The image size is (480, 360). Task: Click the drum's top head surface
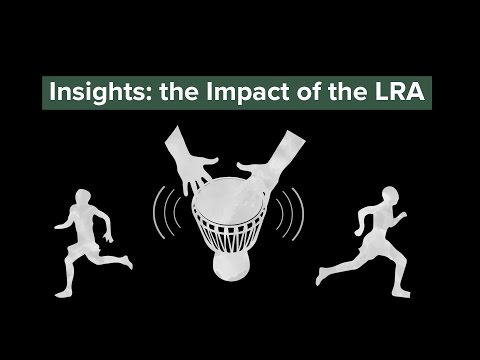(x=236, y=190)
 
